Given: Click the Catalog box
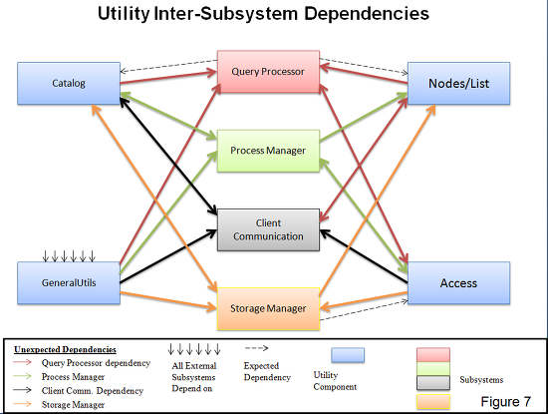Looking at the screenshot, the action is tap(69, 83).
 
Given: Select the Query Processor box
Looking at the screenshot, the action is tap(268, 72).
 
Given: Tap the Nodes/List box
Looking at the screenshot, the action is tap(459, 83).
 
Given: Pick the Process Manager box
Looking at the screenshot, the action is tap(268, 151).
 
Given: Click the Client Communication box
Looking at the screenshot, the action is tap(268, 229).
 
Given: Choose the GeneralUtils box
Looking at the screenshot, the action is tap(69, 282).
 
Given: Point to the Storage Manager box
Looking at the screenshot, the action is tap(268, 308).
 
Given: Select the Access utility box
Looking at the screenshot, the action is tap(459, 282).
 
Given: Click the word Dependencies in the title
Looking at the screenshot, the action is tap(367, 14).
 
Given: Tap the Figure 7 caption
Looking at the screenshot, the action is tap(506, 401).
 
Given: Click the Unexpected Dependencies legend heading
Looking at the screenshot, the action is tap(65, 349).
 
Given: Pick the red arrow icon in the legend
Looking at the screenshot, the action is tap(22, 362).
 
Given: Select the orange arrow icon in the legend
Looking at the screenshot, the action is tap(22, 404).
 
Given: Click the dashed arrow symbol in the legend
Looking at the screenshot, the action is tap(256, 348).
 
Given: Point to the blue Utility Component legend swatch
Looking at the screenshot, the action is tap(348, 355).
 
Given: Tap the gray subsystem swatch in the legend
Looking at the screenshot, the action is tap(433, 382).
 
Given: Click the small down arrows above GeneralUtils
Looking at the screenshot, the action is tap(69, 255).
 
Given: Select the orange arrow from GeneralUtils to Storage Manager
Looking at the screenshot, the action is tap(168, 300).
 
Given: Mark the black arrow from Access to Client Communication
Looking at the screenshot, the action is tap(364, 256).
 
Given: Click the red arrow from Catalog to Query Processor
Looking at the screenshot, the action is tap(168, 78).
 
